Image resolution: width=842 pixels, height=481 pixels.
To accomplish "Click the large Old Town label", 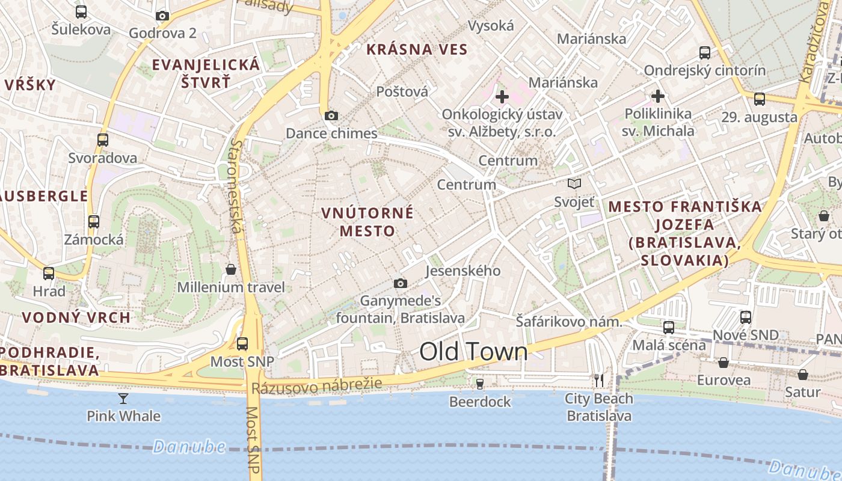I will coord(473,352).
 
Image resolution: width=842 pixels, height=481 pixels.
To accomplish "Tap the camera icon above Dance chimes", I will coord(331,115).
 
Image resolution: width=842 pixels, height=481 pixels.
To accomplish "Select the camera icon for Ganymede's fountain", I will coord(400,283).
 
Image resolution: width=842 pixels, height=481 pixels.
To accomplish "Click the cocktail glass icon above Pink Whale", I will coord(123,398).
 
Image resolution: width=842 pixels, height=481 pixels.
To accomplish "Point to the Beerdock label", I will coord(480,402).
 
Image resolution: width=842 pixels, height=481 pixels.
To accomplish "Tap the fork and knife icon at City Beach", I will coord(599,381).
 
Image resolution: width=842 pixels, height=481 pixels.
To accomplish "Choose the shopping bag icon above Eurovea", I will coord(724,363).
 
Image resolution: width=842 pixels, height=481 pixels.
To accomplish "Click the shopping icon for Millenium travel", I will coord(230,269).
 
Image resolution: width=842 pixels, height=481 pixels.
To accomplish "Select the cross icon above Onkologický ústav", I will coord(502,96).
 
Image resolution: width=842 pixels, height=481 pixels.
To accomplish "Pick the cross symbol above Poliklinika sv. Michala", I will coord(658,96).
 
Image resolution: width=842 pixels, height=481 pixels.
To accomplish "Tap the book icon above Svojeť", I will coord(574,184).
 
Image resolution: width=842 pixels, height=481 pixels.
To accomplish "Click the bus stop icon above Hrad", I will coord(49,274).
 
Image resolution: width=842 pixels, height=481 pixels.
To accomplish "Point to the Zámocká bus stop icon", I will coord(94,221).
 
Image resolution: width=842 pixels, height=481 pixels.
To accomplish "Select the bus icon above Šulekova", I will coord(81,11).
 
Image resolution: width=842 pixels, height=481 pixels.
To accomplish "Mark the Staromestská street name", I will coord(236,186).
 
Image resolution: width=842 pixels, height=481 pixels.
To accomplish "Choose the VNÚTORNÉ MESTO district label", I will coord(367,222).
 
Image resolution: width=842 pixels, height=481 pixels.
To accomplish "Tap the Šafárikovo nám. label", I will coord(568,322).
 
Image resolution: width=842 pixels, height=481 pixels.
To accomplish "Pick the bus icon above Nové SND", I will coord(746,317).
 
